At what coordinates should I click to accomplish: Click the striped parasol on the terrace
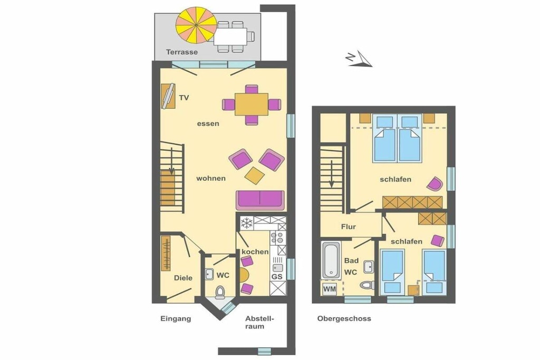(196, 25)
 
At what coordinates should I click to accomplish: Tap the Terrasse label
(182, 52)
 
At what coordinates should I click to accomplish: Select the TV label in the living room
(184, 98)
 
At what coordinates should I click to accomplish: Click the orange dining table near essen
(252, 104)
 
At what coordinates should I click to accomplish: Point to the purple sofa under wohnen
(261, 200)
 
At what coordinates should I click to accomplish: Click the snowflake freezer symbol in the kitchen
(247, 223)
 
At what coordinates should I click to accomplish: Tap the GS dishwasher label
(277, 276)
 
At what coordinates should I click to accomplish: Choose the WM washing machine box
(330, 289)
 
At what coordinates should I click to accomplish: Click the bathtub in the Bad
(332, 260)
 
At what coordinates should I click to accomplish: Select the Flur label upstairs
(348, 227)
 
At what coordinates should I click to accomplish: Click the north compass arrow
(359, 59)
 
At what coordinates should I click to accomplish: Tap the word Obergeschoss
(344, 319)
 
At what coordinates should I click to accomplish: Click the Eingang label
(176, 319)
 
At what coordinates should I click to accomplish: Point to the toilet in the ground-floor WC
(220, 291)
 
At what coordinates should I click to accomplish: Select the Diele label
(183, 278)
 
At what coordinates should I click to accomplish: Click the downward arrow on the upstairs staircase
(331, 174)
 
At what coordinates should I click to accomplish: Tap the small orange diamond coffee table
(255, 176)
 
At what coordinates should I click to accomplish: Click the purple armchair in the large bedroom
(435, 184)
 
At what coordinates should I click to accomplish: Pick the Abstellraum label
(259, 323)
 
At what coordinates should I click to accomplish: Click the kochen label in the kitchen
(255, 251)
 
